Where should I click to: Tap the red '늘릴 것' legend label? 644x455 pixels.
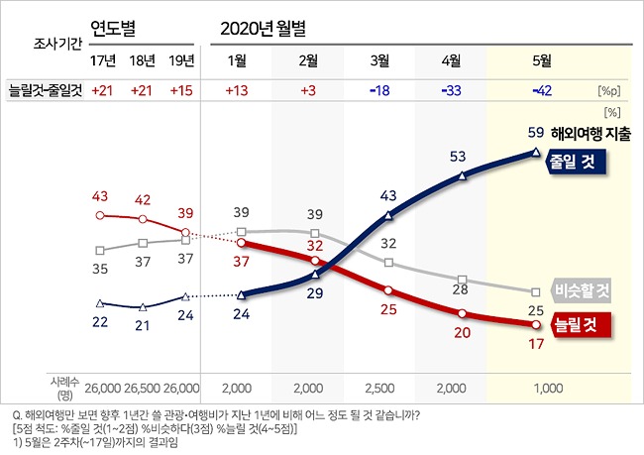[x=579, y=323]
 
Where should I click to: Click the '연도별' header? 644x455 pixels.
[x=115, y=26]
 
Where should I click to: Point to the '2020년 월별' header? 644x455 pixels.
[x=267, y=26]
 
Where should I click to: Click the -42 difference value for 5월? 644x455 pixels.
[x=542, y=90]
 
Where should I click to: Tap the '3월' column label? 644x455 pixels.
[x=378, y=60]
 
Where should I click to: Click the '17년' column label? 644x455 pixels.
[x=101, y=60]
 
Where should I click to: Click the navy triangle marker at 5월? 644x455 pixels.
[x=535, y=152]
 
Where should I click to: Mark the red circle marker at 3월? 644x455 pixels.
[x=388, y=290]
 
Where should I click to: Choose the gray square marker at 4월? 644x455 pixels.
[x=463, y=280]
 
